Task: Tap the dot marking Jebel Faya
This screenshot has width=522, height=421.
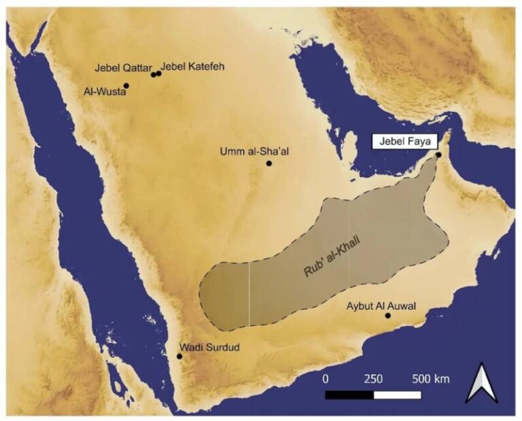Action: [439, 155]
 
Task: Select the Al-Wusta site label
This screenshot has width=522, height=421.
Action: [104, 93]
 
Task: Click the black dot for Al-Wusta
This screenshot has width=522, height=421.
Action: [126, 86]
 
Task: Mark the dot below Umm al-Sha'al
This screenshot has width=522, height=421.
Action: [269, 163]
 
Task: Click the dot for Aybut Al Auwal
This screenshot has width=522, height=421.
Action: [388, 316]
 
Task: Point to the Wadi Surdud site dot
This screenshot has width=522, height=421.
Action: [179, 356]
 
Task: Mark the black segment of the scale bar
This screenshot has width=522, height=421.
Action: [349, 395]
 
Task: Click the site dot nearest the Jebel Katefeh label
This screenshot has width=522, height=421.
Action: [158, 73]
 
